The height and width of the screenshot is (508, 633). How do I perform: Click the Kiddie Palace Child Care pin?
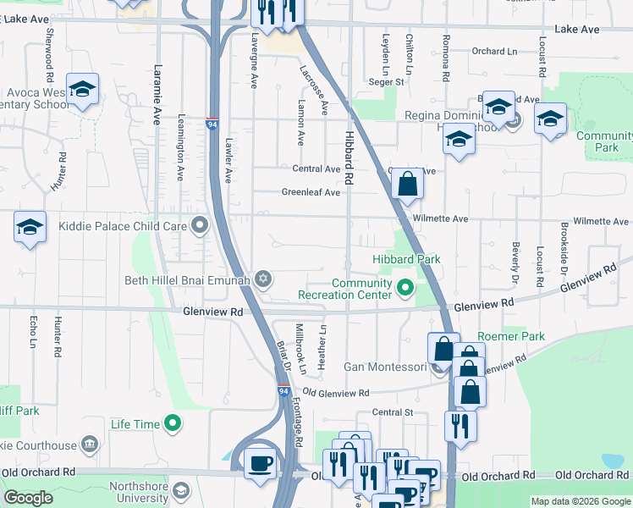click(x=200, y=225)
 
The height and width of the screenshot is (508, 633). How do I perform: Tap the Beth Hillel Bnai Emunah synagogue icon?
click(x=263, y=279)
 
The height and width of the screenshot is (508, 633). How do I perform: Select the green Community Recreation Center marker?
click(x=405, y=289)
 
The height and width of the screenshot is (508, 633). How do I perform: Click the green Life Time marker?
click(x=173, y=422)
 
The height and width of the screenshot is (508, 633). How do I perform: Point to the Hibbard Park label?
click(x=407, y=258)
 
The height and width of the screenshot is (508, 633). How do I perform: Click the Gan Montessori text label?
click(x=384, y=367)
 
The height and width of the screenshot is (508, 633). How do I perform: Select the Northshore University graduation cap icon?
click(x=181, y=491)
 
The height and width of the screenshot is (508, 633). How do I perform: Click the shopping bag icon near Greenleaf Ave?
click(x=407, y=183)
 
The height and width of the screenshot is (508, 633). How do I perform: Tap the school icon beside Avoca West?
click(x=83, y=90)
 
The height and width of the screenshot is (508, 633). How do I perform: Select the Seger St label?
click(x=386, y=82)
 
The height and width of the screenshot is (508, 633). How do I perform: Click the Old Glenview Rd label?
click(x=336, y=393)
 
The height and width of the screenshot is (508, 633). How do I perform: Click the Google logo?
click(x=27, y=498)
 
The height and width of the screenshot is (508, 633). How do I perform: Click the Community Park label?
click(x=603, y=141)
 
